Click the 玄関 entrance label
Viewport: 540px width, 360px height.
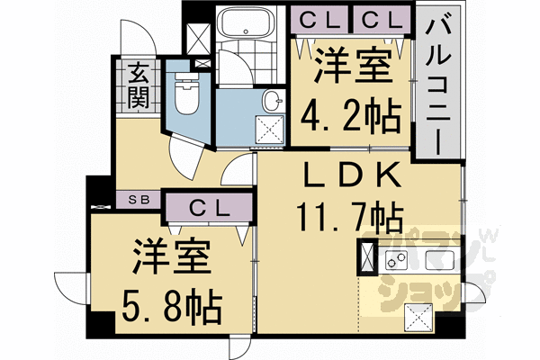(x=138, y=83)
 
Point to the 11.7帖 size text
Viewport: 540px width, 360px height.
(x=349, y=217)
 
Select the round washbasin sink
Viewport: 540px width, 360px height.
(x=269, y=98)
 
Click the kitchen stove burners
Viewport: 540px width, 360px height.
(x=396, y=262)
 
